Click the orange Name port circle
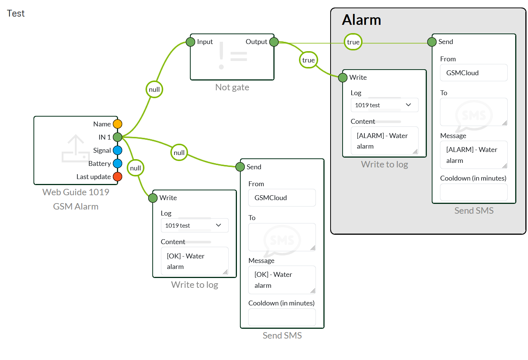[x=117, y=124]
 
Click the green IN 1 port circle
[x=117, y=137]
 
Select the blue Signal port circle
[x=117, y=150]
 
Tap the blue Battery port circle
[x=117, y=163]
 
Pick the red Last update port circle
[x=117, y=176]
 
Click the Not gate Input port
[x=191, y=42]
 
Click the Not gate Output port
[x=274, y=42]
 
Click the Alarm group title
[x=361, y=20]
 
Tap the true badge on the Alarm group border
[x=353, y=42]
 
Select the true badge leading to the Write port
[x=308, y=60]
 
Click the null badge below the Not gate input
[x=154, y=90]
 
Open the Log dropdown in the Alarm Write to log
[x=384, y=105]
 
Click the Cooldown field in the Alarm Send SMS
[x=473, y=192]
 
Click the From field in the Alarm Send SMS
[x=473, y=73]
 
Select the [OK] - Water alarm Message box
[x=282, y=280]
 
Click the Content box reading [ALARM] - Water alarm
[x=384, y=141]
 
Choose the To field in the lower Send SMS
[x=282, y=237]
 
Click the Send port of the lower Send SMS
[x=240, y=167]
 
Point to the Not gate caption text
[x=232, y=87]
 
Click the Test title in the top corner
[x=16, y=14]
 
